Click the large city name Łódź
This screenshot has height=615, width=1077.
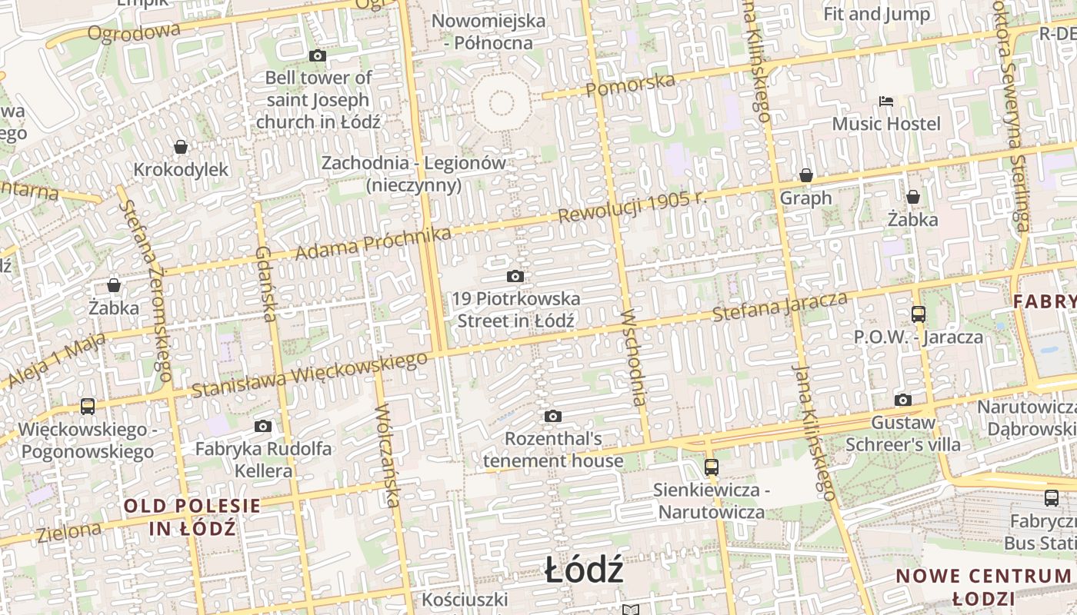point(584,571)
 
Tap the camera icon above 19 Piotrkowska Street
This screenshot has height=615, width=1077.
point(515,276)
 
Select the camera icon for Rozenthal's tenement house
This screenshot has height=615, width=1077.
point(552,417)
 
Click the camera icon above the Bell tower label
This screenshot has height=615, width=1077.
point(317,55)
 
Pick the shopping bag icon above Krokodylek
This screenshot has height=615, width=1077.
point(181,147)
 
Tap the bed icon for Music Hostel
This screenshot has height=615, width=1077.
point(885,101)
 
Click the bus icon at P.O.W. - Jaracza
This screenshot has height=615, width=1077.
point(918,314)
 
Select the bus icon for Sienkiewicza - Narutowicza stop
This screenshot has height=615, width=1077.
point(711,467)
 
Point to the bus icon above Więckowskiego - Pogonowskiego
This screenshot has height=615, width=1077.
point(88,406)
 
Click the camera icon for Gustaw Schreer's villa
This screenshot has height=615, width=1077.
point(902,400)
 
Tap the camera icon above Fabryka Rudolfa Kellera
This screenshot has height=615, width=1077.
point(263,426)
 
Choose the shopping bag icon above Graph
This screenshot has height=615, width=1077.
point(805,176)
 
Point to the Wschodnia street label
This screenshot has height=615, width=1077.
point(635,357)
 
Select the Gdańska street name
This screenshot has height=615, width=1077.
point(265,284)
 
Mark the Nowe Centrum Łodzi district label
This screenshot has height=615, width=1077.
point(984,587)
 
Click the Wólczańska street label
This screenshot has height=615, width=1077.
point(387,457)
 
